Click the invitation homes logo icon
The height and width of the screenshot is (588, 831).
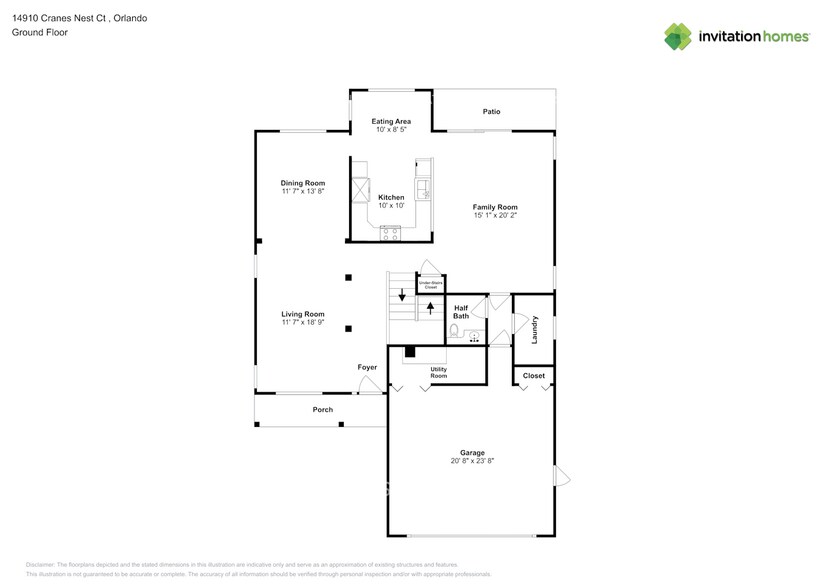pos(678,36)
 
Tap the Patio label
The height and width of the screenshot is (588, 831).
pos(491,112)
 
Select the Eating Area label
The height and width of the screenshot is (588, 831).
pos(391,121)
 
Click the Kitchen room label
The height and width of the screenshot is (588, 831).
pos(391,197)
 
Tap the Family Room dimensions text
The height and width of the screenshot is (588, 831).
pos(495,215)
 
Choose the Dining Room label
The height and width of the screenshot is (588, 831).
pos(302,183)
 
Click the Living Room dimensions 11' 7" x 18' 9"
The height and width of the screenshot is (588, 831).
pos(302,322)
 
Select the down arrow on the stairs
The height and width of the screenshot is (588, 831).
pos(402,295)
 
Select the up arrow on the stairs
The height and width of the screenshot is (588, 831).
pos(430,307)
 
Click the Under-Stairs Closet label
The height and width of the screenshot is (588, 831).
pos(430,284)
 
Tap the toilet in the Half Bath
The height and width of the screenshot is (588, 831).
pos(454,331)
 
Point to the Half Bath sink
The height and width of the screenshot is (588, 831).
pos(474,336)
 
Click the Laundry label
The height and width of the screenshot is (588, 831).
pos(535,330)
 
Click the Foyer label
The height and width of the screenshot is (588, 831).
pos(368,367)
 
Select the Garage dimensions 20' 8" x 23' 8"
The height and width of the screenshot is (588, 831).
pos(471,461)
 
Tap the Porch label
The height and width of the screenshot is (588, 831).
pos(322,409)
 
